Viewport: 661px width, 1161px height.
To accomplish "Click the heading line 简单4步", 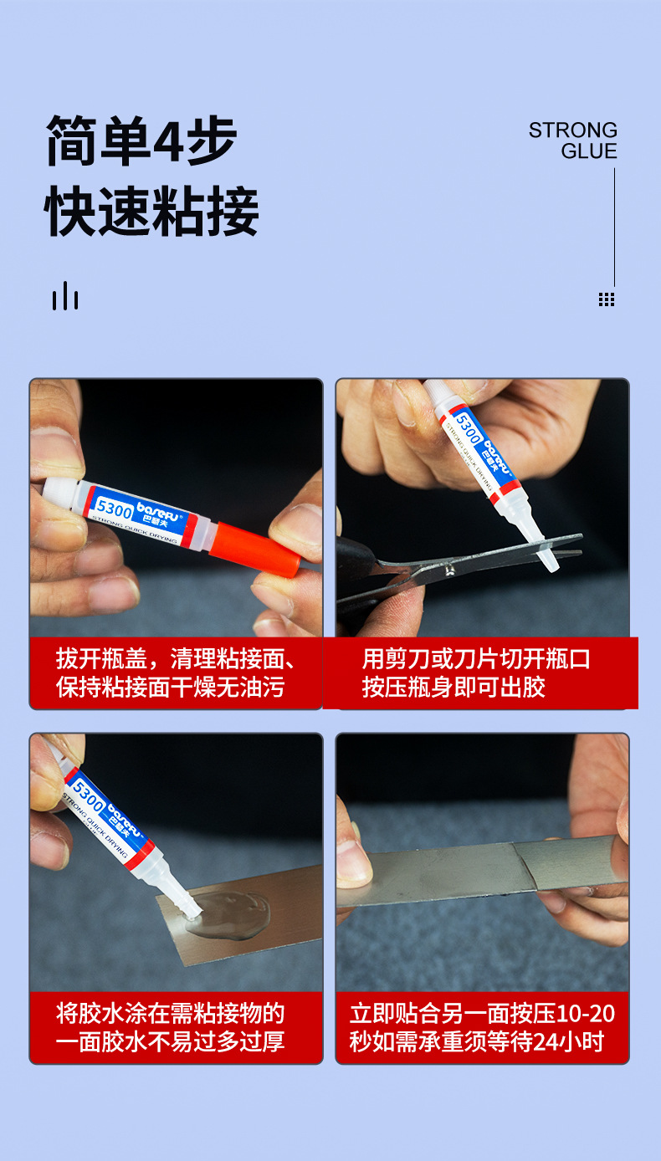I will click(141, 141).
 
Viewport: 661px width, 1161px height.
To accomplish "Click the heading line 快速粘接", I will click(151, 212).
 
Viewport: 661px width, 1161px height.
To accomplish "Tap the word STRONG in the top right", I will click(572, 130).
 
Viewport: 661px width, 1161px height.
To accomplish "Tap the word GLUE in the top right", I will click(589, 151).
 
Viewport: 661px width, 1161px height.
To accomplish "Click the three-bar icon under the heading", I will click(65, 296).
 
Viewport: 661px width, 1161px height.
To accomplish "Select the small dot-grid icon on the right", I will click(607, 299).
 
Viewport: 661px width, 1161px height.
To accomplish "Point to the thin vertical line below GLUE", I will click(614, 226).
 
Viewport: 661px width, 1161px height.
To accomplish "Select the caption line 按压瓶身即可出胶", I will click(453, 688).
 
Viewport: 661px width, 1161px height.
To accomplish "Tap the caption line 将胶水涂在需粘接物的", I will click(171, 1014).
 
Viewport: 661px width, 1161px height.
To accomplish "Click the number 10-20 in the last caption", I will click(586, 1014).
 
